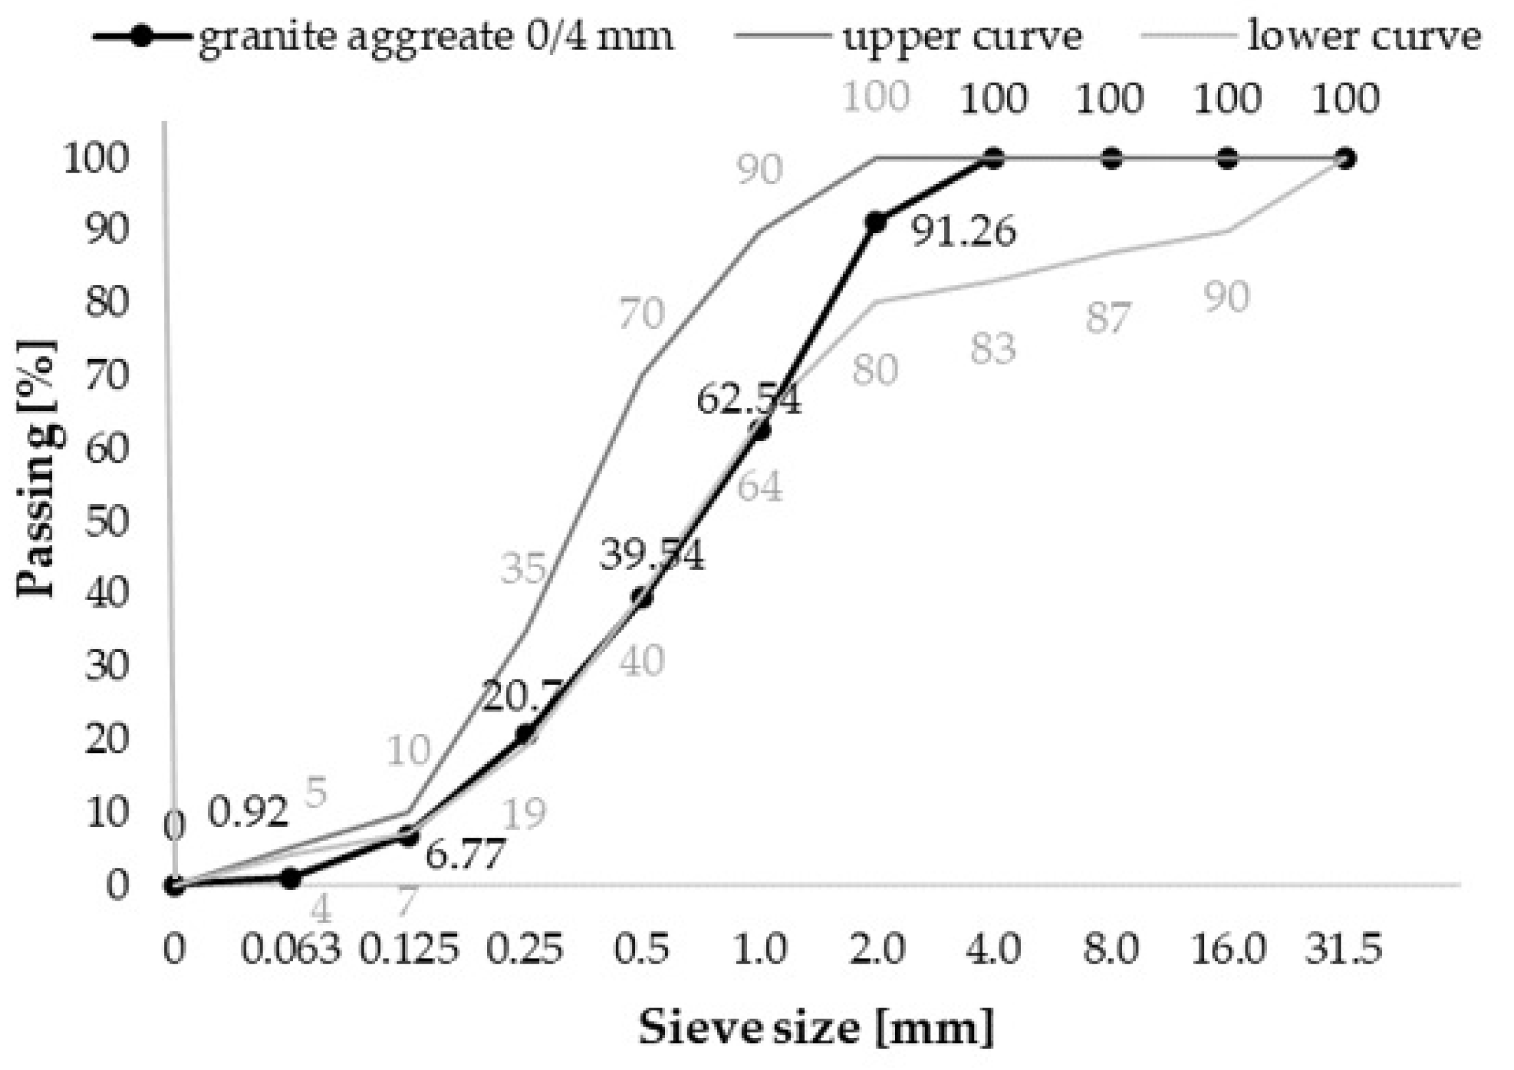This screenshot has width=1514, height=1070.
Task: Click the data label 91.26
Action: (x=963, y=232)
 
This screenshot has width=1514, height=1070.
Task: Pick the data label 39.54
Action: (x=651, y=555)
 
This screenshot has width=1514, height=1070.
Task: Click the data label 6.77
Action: (x=465, y=854)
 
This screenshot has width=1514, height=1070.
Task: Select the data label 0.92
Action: (x=249, y=811)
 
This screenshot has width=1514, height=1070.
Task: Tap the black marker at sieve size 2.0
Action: (x=876, y=223)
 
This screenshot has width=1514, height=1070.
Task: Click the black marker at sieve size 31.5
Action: (x=1345, y=159)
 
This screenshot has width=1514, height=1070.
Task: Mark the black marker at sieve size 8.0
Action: (x=1112, y=159)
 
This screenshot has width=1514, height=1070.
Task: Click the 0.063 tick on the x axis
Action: (x=291, y=950)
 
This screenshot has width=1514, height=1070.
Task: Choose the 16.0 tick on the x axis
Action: (x=1228, y=950)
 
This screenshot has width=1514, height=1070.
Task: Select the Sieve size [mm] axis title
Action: (x=815, y=1027)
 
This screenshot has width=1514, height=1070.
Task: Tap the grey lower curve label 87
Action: (x=1108, y=318)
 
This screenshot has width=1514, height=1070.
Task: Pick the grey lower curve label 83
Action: (x=993, y=349)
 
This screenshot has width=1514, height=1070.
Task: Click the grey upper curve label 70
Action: (x=641, y=314)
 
